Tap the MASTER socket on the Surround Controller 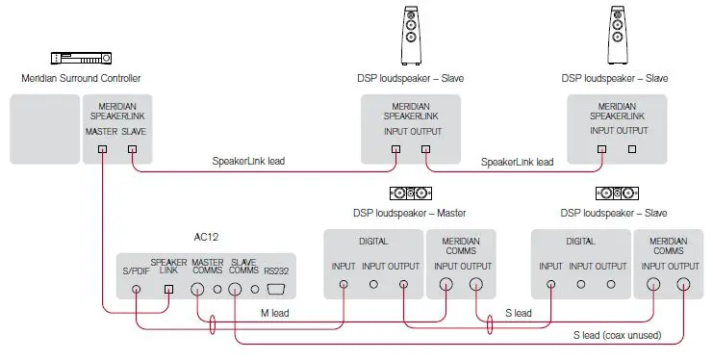[x=102, y=150]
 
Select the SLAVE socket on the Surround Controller [x=133, y=150]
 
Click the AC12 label [x=208, y=235]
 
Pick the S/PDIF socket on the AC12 [x=138, y=288]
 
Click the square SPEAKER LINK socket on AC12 [x=169, y=288]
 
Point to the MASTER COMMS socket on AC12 [x=198, y=287]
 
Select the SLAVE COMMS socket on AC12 [x=233, y=287]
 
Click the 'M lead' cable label [x=277, y=313]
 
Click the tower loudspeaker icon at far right [x=617, y=36]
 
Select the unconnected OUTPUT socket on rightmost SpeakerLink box [x=632, y=149]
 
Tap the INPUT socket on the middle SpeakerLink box [x=395, y=149]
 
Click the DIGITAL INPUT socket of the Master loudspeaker [x=344, y=284]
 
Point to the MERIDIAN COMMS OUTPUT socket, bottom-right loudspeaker [x=683, y=284]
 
